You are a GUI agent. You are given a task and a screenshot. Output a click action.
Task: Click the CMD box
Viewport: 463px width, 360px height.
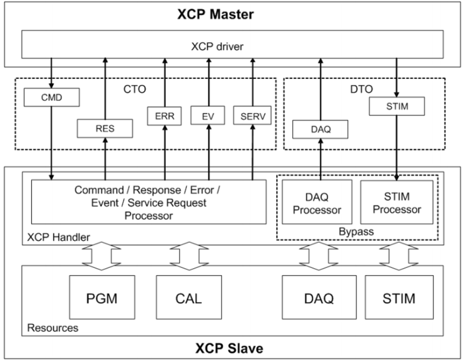coord(52,97)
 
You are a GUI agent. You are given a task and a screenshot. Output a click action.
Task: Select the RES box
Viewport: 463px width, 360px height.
coord(105,129)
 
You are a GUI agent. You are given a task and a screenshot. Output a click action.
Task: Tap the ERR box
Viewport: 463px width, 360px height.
coord(165,116)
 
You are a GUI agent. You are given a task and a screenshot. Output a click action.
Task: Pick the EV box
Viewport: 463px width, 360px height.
coord(208,116)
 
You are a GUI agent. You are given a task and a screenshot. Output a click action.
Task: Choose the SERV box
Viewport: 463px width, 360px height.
coord(253,115)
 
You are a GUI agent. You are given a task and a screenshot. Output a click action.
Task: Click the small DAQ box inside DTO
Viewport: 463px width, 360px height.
coord(320,129)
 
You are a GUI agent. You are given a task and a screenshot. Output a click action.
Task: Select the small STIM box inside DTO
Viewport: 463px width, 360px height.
coord(397,106)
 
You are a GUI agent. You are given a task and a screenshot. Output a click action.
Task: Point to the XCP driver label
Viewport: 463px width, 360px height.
coord(217,46)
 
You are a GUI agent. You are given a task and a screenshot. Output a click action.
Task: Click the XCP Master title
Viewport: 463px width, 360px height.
coord(216,14)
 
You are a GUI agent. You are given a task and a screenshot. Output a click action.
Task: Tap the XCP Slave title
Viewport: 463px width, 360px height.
coord(229,348)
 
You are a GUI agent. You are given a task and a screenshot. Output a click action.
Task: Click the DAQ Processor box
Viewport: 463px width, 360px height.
coord(317,202)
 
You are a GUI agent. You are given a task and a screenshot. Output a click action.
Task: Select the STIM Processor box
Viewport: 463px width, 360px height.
coord(397,202)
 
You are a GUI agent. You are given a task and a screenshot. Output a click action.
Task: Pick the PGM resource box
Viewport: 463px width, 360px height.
coord(102,297)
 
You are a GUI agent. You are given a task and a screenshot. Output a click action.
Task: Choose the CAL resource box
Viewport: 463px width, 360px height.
coord(189,297)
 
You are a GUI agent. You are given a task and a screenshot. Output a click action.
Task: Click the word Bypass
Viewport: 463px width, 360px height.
coord(356,231)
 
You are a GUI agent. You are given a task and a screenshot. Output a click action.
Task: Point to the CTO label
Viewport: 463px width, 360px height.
coord(135,89)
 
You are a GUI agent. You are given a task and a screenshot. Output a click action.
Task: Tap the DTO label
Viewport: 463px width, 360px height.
coord(361,89)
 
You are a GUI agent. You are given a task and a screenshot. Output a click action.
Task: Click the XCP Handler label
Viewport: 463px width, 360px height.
coord(58,237)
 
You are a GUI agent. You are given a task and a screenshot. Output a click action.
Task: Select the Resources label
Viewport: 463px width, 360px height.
coord(53,328)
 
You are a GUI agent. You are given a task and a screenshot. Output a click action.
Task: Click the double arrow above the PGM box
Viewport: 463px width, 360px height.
coord(102,256)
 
